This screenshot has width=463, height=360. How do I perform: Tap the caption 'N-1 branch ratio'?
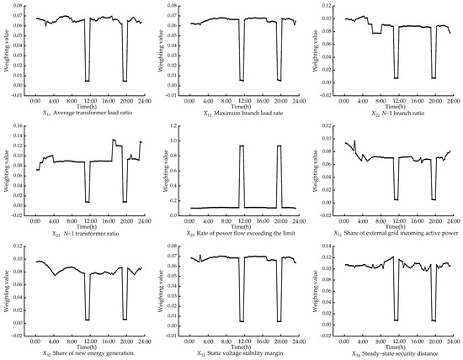coord(387,110)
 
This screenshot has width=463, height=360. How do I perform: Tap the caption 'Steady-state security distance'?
coord(387,353)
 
